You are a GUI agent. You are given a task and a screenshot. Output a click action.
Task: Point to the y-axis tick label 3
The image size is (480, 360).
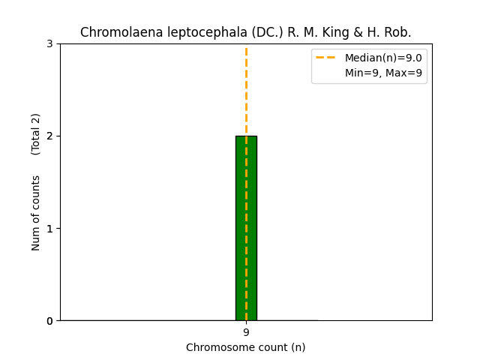point(49,43)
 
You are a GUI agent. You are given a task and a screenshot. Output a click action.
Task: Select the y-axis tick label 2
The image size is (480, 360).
point(49,136)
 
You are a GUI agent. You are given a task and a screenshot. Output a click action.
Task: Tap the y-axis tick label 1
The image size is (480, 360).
point(49,228)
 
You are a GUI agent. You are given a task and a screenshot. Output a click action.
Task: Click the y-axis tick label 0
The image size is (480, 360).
point(49,321)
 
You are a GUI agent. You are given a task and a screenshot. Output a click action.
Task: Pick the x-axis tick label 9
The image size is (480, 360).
point(246,332)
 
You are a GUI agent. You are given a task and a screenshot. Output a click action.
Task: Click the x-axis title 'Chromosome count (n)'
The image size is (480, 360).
point(246,347)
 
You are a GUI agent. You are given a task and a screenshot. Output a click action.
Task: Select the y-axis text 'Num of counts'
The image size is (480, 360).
point(36,213)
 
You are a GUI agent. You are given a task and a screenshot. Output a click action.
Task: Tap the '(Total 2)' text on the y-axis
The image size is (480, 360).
point(36,134)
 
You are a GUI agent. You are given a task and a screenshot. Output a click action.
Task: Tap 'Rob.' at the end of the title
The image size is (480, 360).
point(397,32)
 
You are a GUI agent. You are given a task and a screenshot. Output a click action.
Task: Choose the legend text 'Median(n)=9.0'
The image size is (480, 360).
point(383,58)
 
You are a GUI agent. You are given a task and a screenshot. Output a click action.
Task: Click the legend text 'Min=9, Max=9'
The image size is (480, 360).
point(383,73)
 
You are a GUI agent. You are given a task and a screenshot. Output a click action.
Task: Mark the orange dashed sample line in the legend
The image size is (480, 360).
point(326,58)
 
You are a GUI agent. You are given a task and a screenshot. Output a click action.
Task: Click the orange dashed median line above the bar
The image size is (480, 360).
point(246,90)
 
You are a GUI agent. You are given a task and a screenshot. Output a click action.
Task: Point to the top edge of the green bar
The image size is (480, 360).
point(246,136)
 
